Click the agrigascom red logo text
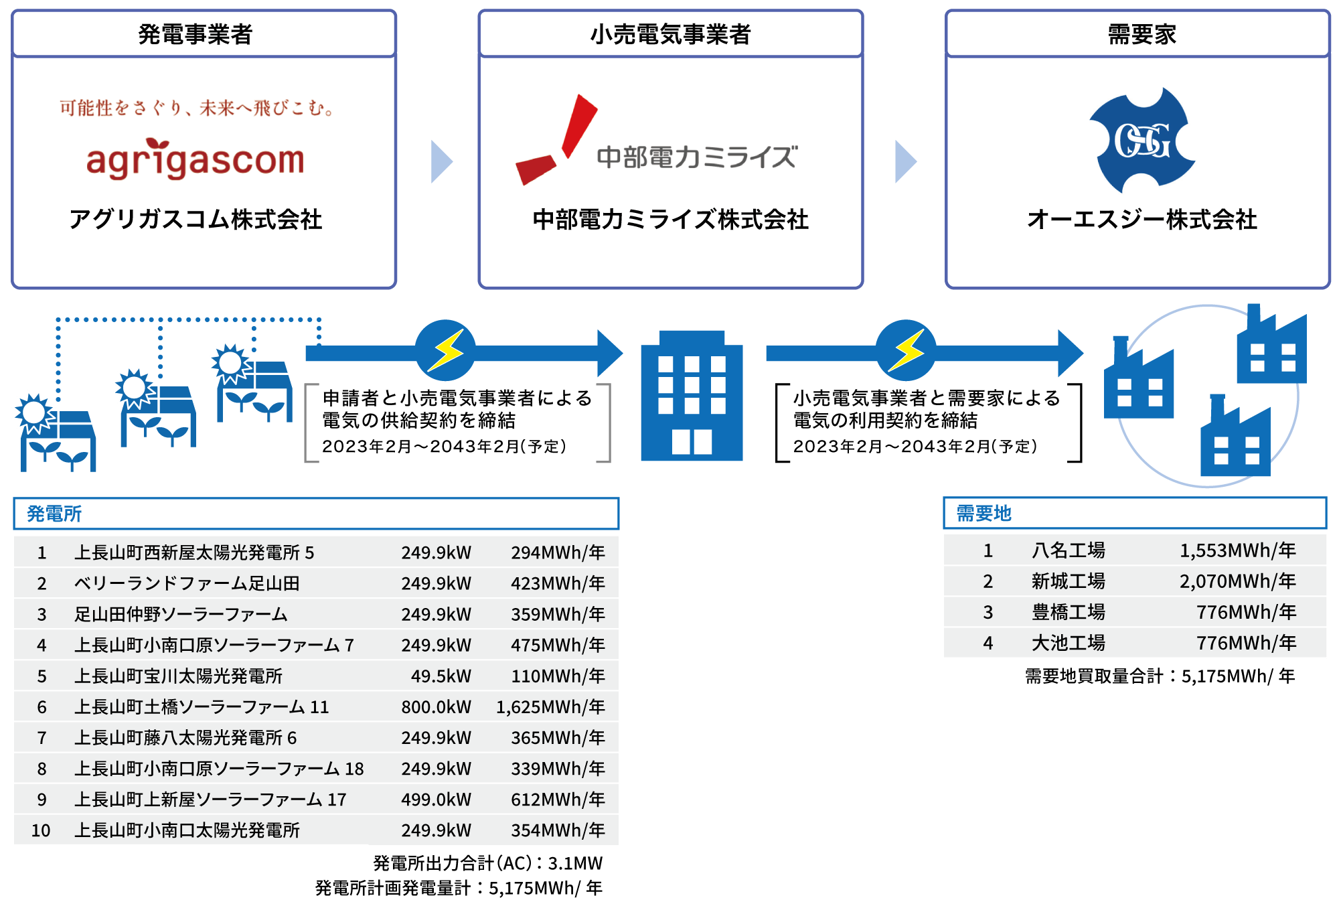click(x=195, y=161)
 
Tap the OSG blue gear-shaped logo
click(x=1142, y=141)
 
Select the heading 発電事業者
click(x=195, y=34)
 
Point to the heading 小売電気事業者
click(x=670, y=34)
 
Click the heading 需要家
click(x=1141, y=34)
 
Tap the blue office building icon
click(x=692, y=396)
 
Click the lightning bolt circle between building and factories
click(x=906, y=350)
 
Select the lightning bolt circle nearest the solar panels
click(x=445, y=350)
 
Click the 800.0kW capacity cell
click(x=436, y=707)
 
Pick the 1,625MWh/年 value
click(x=550, y=707)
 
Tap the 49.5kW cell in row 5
click(x=441, y=676)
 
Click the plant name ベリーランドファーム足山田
click(x=187, y=583)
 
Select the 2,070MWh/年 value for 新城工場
click(x=1237, y=581)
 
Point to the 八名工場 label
click(x=1068, y=550)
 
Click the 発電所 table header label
click(x=54, y=514)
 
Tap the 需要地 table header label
click(x=983, y=514)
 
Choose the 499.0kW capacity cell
click(x=436, y=800)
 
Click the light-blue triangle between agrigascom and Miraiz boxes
click(x=441, y=161)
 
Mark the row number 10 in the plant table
click(x=41, y=830)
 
